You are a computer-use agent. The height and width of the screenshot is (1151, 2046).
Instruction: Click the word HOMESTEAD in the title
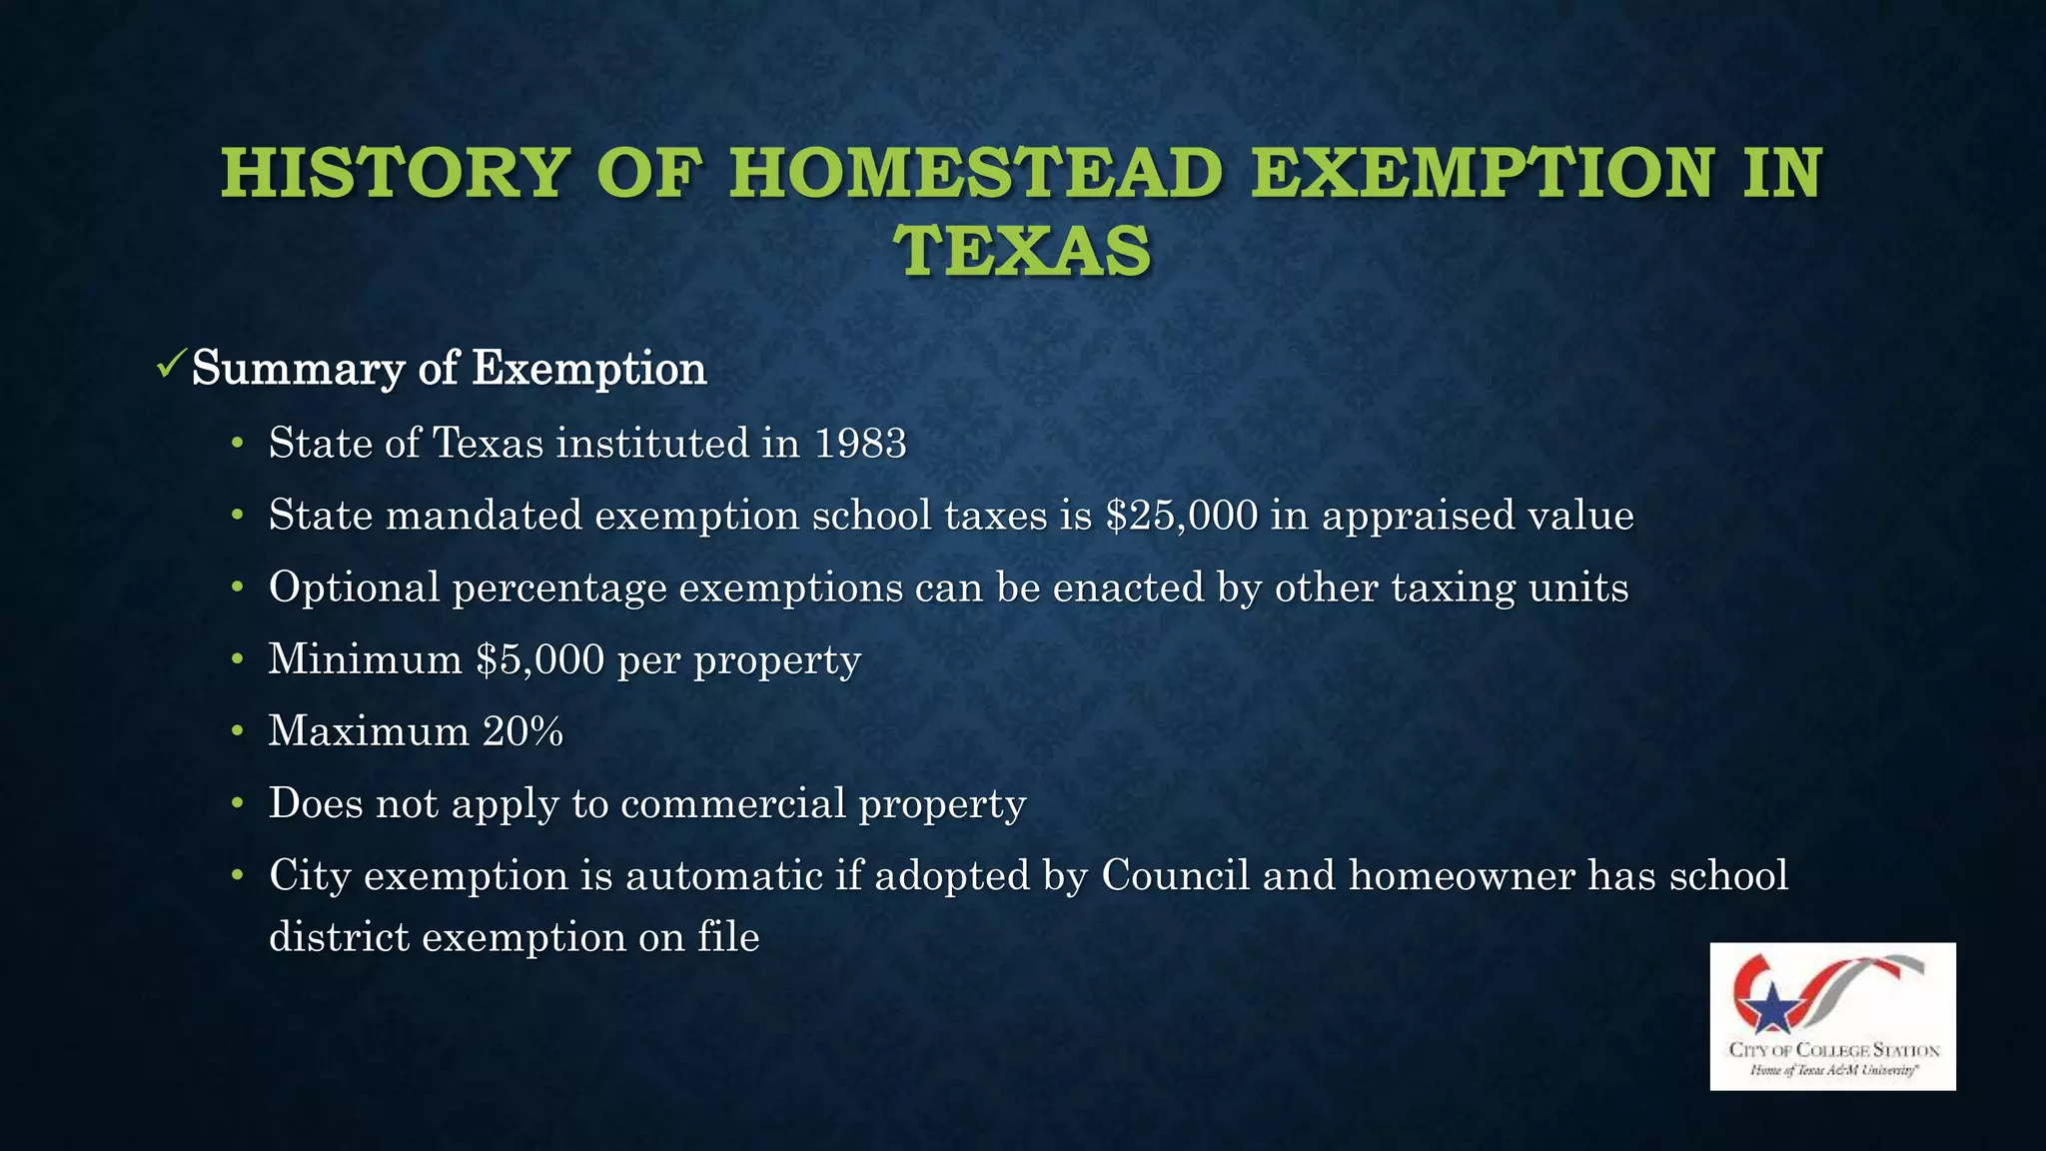976,173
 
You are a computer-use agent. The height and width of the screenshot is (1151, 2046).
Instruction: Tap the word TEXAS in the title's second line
1023,251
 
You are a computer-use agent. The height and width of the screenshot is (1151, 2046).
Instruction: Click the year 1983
860,444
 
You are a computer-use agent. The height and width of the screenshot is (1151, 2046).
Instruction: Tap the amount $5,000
540,659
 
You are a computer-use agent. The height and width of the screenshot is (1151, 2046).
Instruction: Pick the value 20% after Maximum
522,731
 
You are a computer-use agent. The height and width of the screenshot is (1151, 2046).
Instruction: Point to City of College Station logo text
1834,1050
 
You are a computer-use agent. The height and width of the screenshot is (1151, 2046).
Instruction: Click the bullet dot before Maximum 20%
237,731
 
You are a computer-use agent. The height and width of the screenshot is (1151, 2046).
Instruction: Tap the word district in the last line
339,937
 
